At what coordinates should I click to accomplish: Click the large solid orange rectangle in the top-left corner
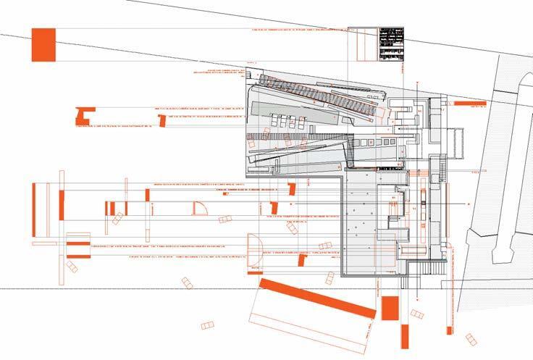43,43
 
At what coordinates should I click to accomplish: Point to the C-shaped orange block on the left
85,115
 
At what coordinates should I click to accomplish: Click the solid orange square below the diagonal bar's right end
390,308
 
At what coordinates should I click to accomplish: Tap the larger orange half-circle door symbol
254,249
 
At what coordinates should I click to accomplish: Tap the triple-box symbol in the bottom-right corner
471,339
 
